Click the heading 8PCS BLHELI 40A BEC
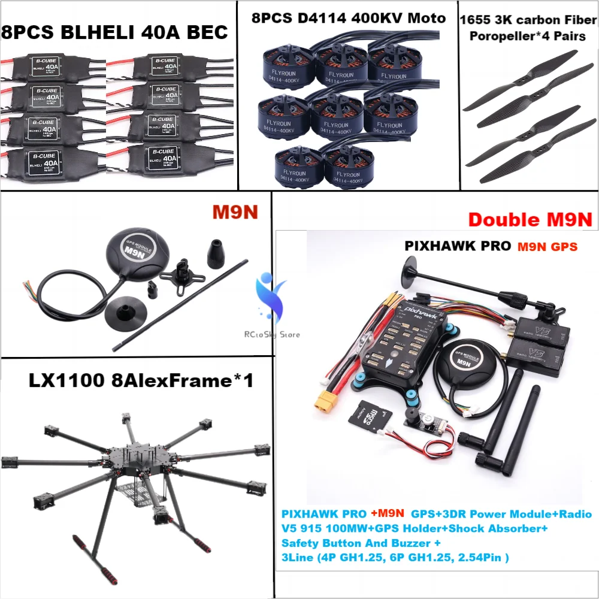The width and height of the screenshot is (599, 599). pyautogui.click(x=115, y=31)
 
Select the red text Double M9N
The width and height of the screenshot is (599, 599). pyautogui.click(x=530, y=219)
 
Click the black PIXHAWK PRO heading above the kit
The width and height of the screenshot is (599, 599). pyautogui.click(x=458, y=246)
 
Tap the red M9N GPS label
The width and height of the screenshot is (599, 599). pyautogui.click(x=547, y=246)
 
